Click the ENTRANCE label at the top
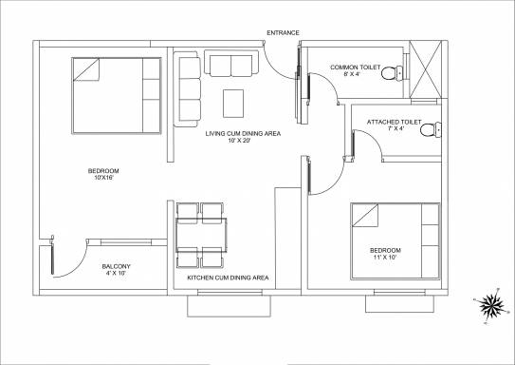click(x=283, y=32)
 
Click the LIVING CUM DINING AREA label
click(x=243, y=135)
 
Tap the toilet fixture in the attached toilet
click(x=431, y=130)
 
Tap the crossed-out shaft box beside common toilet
click(x=427, y=69)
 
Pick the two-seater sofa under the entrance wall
click(x=232, y=66)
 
